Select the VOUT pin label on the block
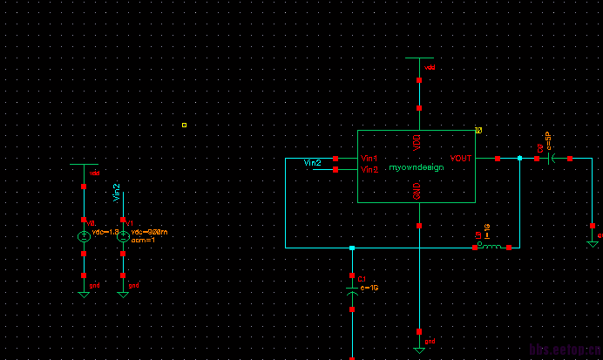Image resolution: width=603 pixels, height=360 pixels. (x=461, y=159)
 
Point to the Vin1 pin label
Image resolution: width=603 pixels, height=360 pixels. (x=369, y=159)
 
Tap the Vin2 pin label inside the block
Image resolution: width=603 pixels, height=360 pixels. (x=369, y=170)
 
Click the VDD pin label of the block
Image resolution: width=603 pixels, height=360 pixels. (x=417, y=139)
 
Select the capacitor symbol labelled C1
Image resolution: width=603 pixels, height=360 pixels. (x=352, y=296)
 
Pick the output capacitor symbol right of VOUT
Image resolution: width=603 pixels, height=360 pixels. (x=552, y=159)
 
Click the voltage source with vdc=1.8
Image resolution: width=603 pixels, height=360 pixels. (x=84, y=235)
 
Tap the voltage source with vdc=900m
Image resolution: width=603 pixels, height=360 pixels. (x=123, y=235)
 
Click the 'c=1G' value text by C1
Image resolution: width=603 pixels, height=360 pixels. (x=369, y=288)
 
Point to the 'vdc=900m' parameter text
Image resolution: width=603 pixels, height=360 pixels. (x=149, y=232)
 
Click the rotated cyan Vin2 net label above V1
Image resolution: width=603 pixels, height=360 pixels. (x=117, y=193)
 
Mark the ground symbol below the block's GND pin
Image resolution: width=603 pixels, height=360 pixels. (x=419, y=349)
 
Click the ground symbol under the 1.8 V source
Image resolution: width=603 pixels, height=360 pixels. (x=84, y=294)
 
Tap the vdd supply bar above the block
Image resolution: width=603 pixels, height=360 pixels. (x=419, y=58)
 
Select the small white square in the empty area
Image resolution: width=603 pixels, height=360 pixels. (x=184, y=126)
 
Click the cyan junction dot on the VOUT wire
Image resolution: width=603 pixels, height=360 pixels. (x=519, y=159)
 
